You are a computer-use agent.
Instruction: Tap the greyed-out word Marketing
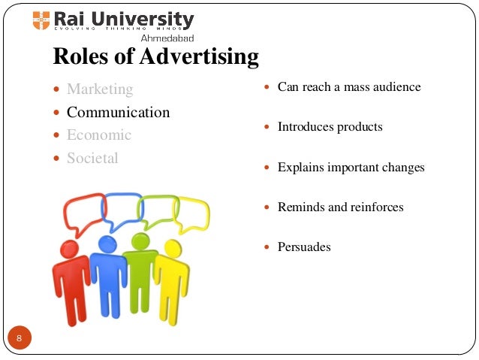[100, 89]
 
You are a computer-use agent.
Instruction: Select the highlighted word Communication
[119, 113]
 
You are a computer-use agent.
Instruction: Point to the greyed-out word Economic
[99, 135]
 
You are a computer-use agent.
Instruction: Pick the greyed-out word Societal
[92, 159]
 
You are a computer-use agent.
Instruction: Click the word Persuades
[304, 247]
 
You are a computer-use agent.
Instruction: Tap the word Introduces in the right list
[306, 127]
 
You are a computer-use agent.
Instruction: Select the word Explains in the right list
[302, 168]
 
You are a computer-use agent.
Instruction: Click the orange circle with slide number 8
[20, 337]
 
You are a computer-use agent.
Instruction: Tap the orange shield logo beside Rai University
[41, 20]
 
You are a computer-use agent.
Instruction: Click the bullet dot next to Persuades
[267, 247]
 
